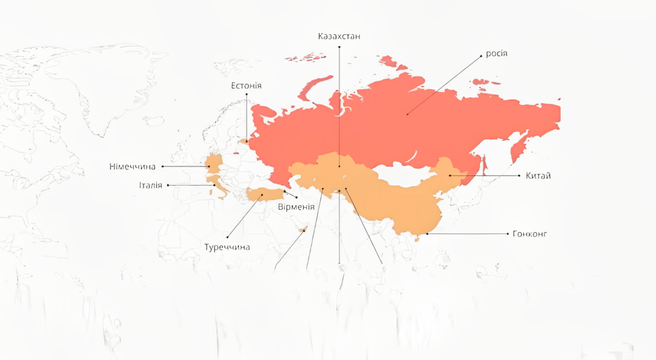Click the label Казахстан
coord(339,36)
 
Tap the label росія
coord(497,53)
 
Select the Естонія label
coord(246,86)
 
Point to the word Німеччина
coord(133,166)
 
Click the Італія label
coord(150,185)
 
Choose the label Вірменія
coord(296,207)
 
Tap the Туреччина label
coord(227,247)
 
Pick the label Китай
coord(538,176)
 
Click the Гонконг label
coord(530,234)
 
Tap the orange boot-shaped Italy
coord(218,185)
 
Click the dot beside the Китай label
coord(520,175)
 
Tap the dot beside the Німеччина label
coord(162,166)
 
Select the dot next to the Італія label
coord(168,185)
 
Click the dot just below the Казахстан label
coord(339,46)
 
